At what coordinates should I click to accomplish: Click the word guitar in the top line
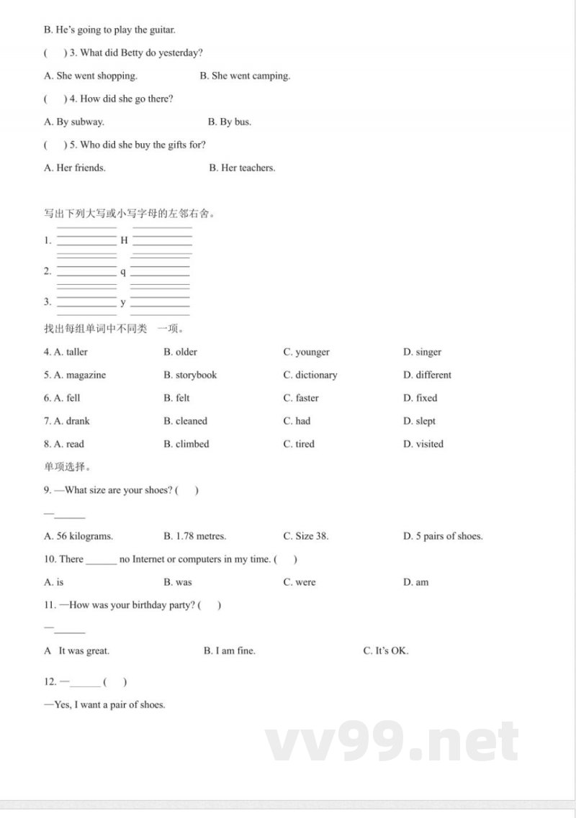(x=161, y=30)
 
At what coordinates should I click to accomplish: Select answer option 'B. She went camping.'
(x=245, y=76)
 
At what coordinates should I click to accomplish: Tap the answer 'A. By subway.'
(x=73, y=122)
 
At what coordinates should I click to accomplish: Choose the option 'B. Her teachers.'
(x=242, y=168)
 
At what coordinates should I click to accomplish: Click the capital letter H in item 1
(x=124, y=240)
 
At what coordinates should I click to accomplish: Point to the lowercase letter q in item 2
(x=123, y=272)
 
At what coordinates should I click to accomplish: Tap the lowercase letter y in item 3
(x=123, y=302)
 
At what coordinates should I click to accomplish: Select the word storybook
(x=196, y=375)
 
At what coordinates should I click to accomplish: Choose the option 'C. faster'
(x=301, y=398)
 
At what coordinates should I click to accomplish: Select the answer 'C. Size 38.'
(x=306, y=536)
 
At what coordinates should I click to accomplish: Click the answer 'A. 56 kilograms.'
(x=78, y=536)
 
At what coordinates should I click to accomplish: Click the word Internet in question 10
(x=148, y=559)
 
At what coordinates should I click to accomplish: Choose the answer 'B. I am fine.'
(x=230, y=651)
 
